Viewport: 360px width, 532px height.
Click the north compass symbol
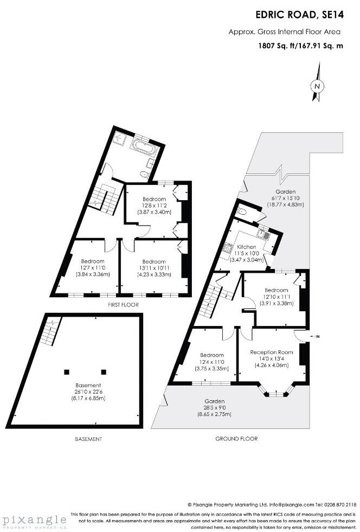click(318, 85)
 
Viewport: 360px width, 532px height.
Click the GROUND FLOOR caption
click(236, 439)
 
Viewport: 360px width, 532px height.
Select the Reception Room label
click(271, 352)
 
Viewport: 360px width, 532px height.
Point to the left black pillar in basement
click(67, 371)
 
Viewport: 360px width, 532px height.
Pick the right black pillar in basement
click(104, 371)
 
